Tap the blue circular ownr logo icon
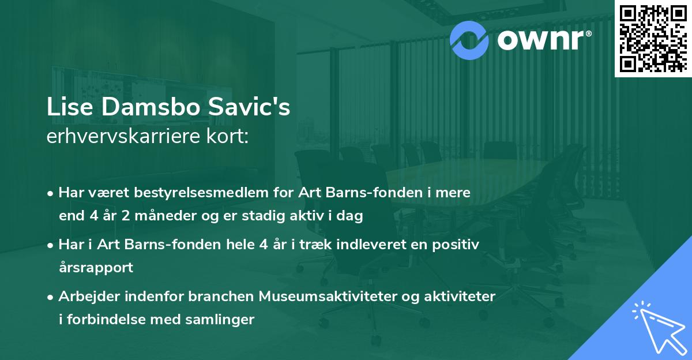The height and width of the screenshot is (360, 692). [x=469, y=39]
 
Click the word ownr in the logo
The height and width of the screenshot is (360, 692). [x=544, y=39]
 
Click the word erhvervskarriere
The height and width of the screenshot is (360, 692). [x=118, y=137]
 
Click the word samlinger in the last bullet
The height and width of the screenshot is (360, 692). [x=224, y=320]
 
